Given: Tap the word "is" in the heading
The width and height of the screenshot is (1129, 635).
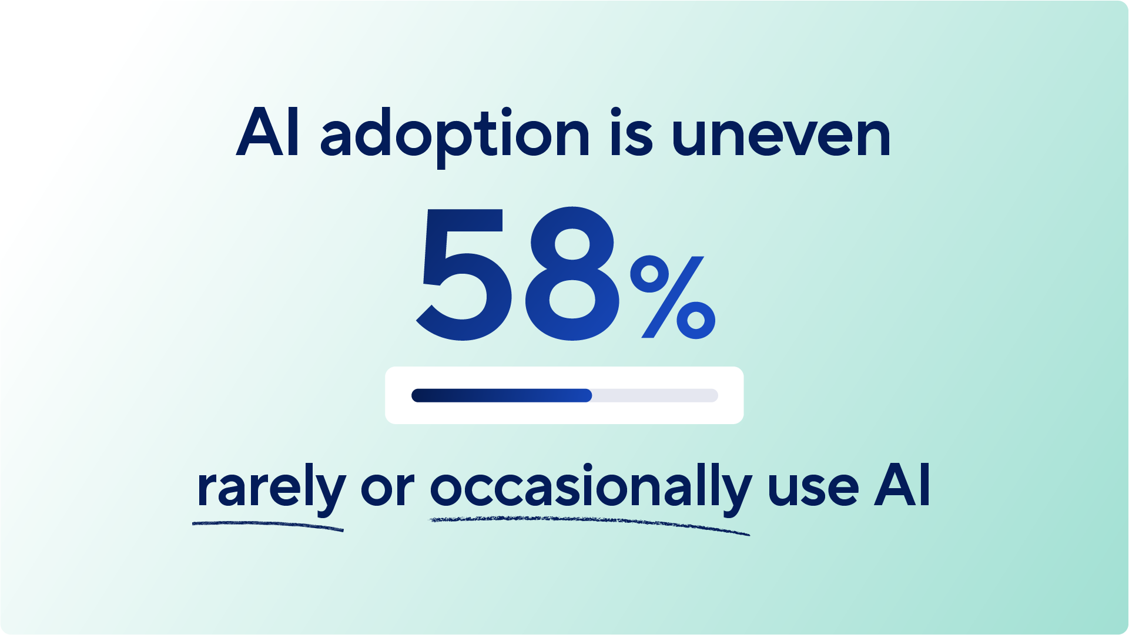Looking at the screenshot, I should click(x=631, y=134).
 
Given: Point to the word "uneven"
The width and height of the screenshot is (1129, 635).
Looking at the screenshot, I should click(x=781, y=136).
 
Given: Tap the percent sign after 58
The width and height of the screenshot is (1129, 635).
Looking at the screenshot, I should click(x=672, y=297).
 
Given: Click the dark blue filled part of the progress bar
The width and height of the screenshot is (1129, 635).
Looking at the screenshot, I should click(x=500, y=395).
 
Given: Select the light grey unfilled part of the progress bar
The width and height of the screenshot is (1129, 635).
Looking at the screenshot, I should click(x=655, y=395).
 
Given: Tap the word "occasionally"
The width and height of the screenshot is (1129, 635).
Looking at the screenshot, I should click(x=590, y=488).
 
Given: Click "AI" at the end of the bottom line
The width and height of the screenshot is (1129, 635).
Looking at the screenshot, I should click(x=902, y=485).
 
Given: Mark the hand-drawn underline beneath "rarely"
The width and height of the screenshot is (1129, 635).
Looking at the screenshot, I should click(x=267, y=524).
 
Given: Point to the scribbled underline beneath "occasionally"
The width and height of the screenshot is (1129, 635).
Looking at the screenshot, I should click(x=589, y=522).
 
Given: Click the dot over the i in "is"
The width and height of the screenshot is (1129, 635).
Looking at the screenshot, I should click(x=616, y=112).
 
